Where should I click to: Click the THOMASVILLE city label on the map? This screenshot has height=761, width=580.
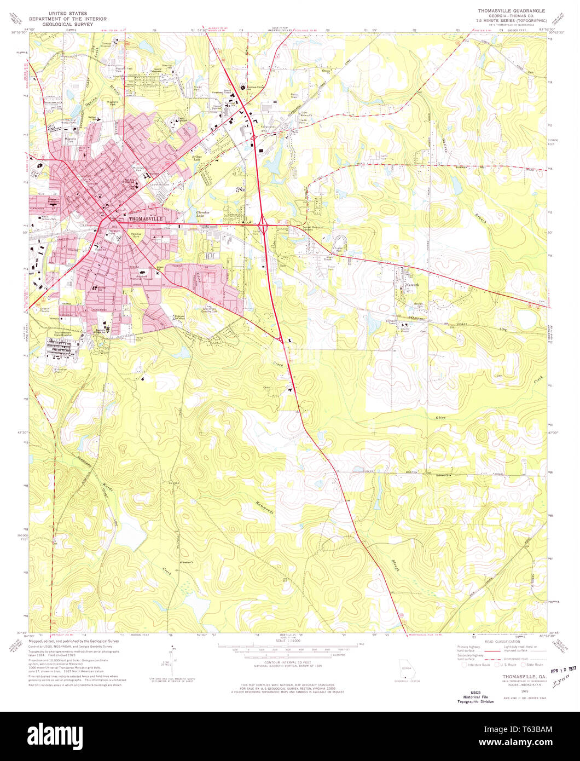(146, 218)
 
